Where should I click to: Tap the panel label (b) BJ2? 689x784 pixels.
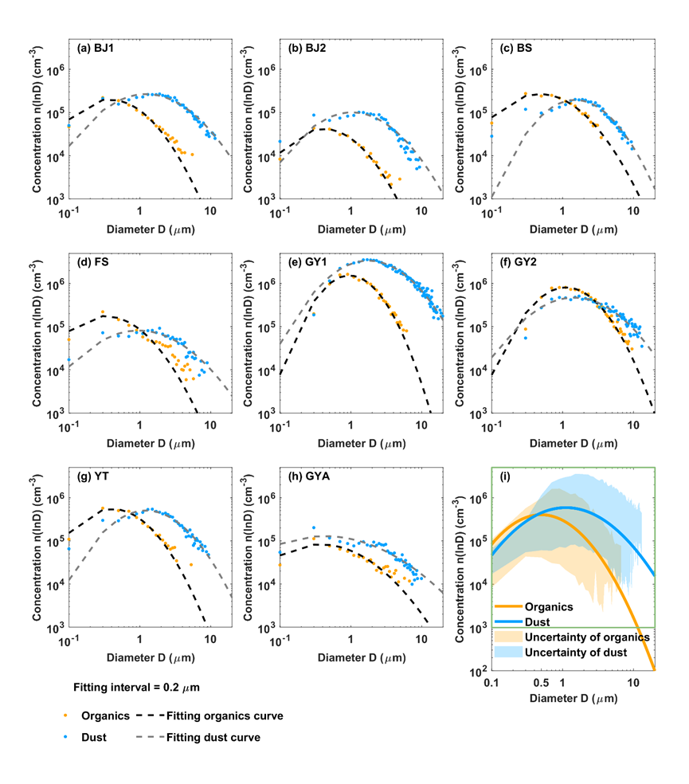coord(307,48)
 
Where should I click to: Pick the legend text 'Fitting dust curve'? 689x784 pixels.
coord(213,737)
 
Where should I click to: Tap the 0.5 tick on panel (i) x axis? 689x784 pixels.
coord(542,683)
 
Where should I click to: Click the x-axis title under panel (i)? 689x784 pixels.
coord(563,699)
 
